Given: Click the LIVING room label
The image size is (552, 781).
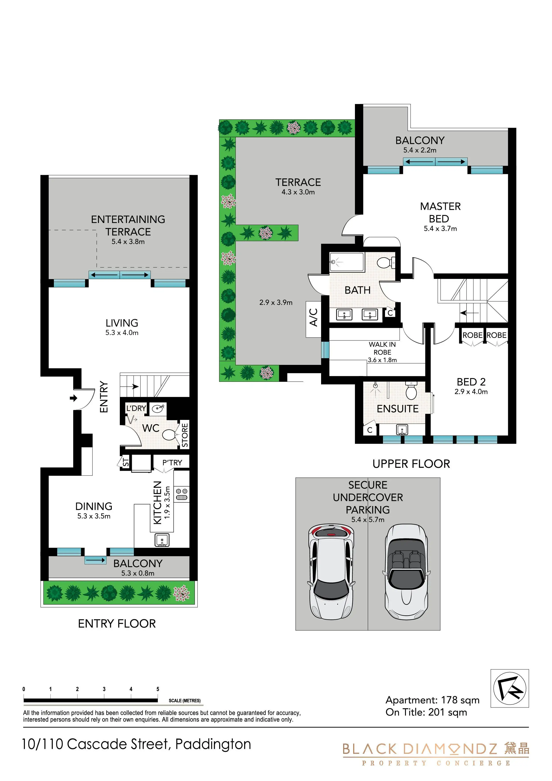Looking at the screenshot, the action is (122, 323).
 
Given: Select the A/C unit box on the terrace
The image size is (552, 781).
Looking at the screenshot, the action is (314, 319).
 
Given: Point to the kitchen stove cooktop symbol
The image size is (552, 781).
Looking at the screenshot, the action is (182, 494).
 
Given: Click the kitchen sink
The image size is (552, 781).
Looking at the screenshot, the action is (162, 540).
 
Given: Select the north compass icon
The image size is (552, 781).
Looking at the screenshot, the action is (509, 688).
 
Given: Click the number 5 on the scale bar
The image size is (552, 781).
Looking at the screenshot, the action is (158, 689).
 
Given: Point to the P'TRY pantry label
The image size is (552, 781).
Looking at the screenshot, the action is (172, 463).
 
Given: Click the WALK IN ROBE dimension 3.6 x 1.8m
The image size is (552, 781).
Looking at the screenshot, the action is (382, 360).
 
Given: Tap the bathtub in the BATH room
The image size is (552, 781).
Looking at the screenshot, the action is (346, 262).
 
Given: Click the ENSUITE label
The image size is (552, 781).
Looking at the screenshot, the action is (398, 409).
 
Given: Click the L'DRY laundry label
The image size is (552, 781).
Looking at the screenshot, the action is (136, 408).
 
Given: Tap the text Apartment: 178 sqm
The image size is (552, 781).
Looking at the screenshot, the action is (432, 700).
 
